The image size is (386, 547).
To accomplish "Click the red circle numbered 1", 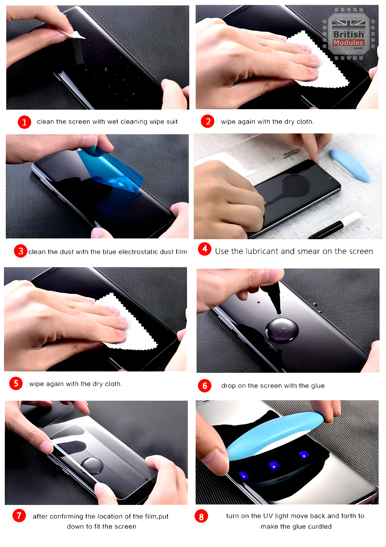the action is [x=24, y=122].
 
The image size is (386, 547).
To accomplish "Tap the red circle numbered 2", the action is [x=208, y=121].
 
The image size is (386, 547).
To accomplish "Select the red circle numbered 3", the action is [x=21, y=251].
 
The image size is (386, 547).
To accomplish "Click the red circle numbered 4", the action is [x=205, y=249].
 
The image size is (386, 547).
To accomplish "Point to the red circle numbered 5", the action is [x=16, y=384].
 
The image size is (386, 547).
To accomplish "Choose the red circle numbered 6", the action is [x=205, y=386].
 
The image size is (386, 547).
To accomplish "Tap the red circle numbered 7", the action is [x=19, y=515].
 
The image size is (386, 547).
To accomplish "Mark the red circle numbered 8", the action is [x=201, y=517].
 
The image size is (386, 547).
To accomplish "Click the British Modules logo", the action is [x=349, y=34].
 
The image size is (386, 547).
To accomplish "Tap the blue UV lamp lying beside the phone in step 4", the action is [x=349, y=165].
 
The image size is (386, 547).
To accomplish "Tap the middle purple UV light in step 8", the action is [x=274, y=465].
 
